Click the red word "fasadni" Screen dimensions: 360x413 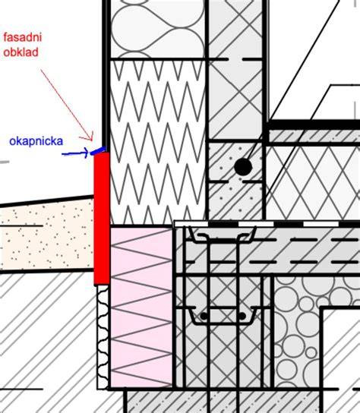coord(23,37)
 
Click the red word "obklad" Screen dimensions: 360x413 coord(21,52)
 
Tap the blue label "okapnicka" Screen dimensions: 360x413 coord(36,141)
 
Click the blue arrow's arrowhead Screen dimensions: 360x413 coord(85,153)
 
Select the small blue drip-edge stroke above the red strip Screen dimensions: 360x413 coord(98,150)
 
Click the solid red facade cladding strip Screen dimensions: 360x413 coord(102,219)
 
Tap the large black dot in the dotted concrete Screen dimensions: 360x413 coord(243,167)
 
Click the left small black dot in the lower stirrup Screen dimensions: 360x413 coord(204,316)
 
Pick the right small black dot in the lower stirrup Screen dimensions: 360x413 coord(242,316)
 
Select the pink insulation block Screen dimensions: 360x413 coord(141,307)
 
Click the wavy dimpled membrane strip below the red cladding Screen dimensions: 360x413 coord(103,337)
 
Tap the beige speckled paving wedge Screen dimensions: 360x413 coord(47,235)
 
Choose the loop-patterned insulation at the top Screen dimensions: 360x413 coord(158,29)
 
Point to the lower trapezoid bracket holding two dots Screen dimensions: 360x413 coord(223,316)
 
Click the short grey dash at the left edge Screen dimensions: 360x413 coord(5,162)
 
